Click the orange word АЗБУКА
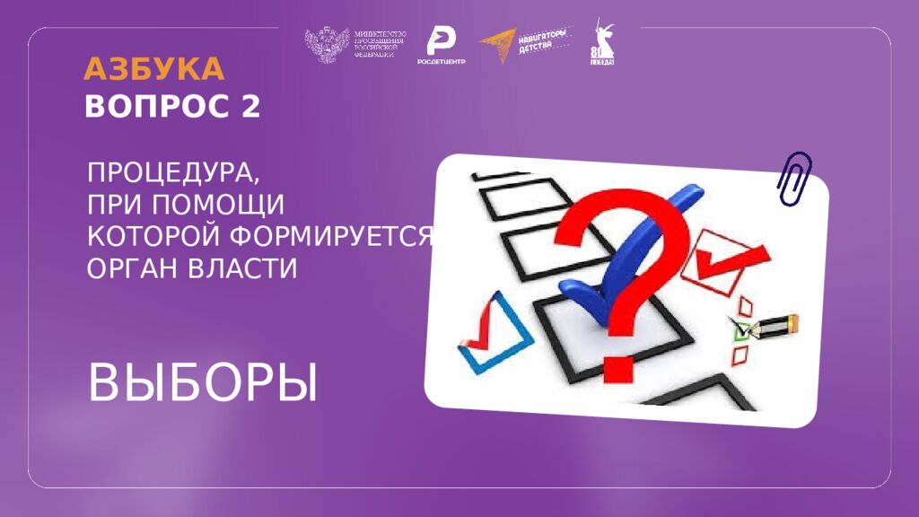tap(153, 69)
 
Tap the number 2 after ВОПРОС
tap(250, 107)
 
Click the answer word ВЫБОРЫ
tap(203, 383)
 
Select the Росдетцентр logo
tap(440, 46)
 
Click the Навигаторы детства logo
tap(525, 45)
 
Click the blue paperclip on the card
tap(794, 177)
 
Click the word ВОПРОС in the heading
tap(158, 107)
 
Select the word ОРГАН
tap(127, 267)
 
